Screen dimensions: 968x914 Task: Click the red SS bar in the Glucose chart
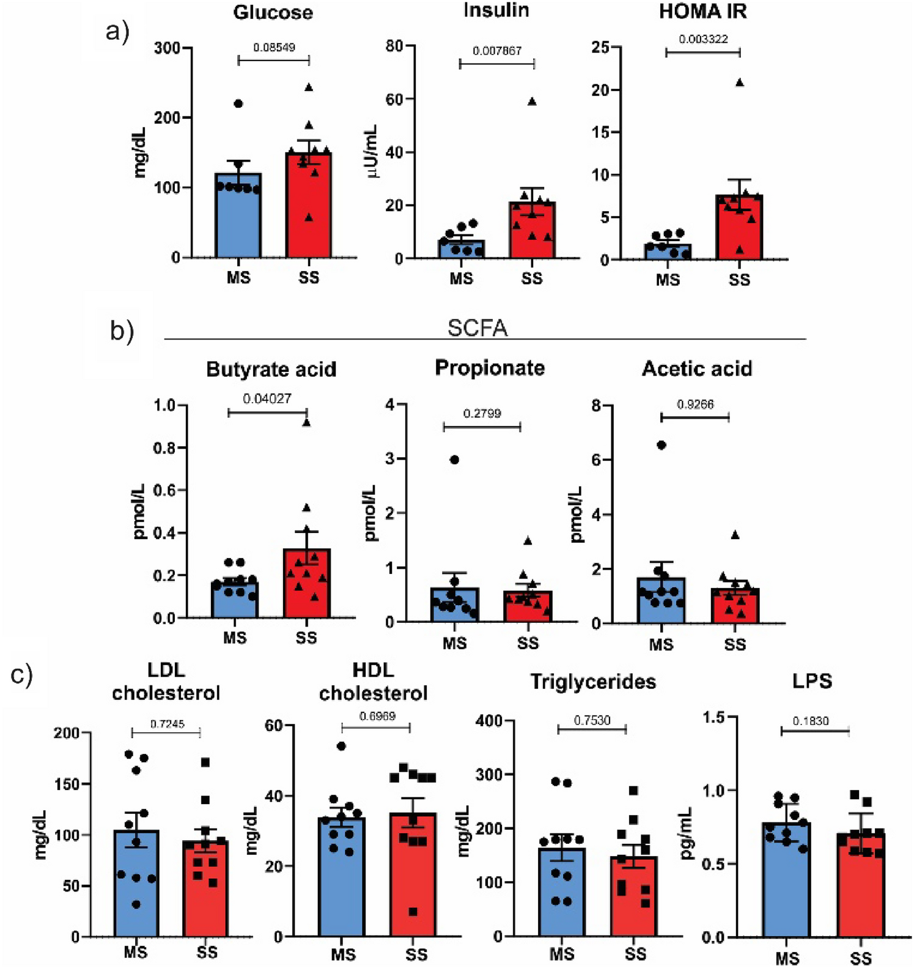pyautogui.click(x=309, y=208)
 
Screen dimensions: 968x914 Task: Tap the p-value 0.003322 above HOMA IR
pyautogui.click(x=703, y=39)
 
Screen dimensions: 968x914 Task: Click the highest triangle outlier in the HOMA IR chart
pyautogui.click(x=740, y=83)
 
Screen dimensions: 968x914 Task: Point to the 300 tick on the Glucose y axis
pyautogui.click(x=167, y=48)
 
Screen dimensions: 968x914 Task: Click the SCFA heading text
pyautogui.click(x=477, y=328)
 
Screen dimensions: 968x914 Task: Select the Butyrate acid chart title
pyautogui.click(x=271, y=369)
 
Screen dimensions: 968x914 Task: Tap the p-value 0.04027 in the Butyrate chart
pyautogui.click(x=267, y=399)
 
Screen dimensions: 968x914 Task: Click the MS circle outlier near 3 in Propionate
pyautogui.click(x=454, y=460)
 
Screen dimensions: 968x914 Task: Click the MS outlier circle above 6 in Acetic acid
pyautogui.click(x=661, y=445)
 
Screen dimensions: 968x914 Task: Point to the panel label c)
pyautogui.click(x=22, y=676)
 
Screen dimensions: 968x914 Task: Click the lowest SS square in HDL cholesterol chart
pyautogui.click(x=413, y=912)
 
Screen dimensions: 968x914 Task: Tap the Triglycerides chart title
pyautogui.click(x=592, y=682)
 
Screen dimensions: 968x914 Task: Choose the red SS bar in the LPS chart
pyautogui.click(x=861, y=887)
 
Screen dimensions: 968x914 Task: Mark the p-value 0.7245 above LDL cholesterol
pyautogui.click(x=167, y=724)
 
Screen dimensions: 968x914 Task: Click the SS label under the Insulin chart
pyautogui.click(x=532, y=278)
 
